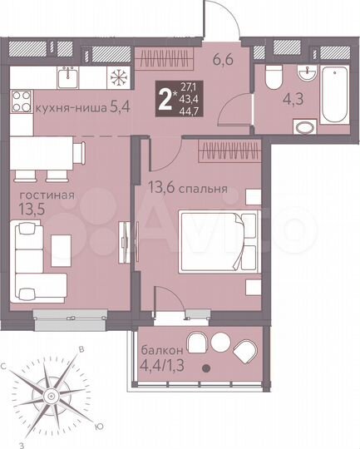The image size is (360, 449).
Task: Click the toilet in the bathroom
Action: click(x=271, y=79)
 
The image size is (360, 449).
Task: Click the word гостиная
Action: click(x=42, y=195)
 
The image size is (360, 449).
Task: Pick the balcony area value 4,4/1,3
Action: click(x=160, y=363)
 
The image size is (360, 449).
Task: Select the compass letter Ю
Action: click(x=99, y=427)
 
